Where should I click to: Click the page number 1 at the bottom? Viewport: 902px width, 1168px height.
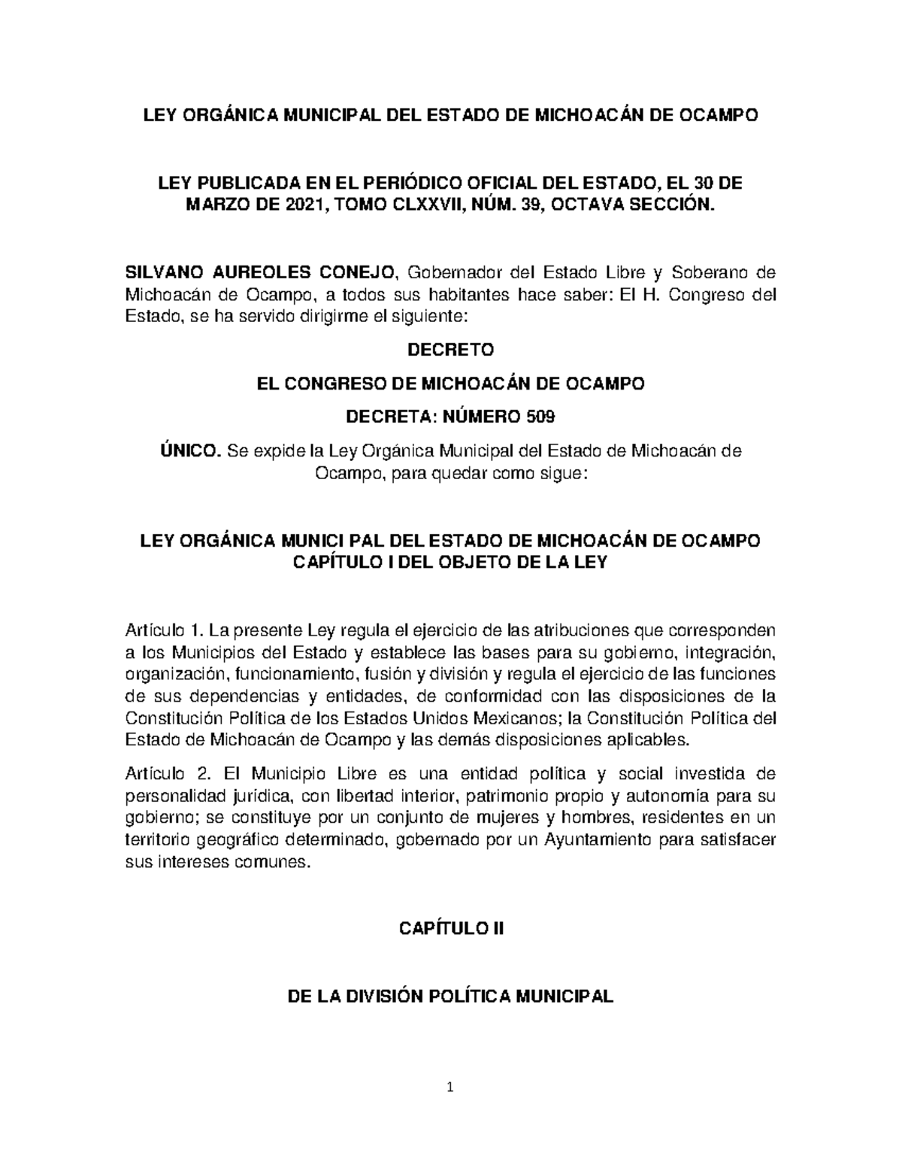(x=450, y=1109)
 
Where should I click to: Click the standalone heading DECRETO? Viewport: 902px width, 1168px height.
(x=450, y=350)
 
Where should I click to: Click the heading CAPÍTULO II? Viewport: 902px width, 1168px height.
(x=450, y=928)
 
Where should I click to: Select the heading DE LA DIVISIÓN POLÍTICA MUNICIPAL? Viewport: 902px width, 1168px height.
(x=450, y=997)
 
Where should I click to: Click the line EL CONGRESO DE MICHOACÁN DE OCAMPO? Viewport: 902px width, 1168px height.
(x=450, y=384)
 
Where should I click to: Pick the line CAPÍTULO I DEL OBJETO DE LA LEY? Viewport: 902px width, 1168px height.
(x=450, y=563)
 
